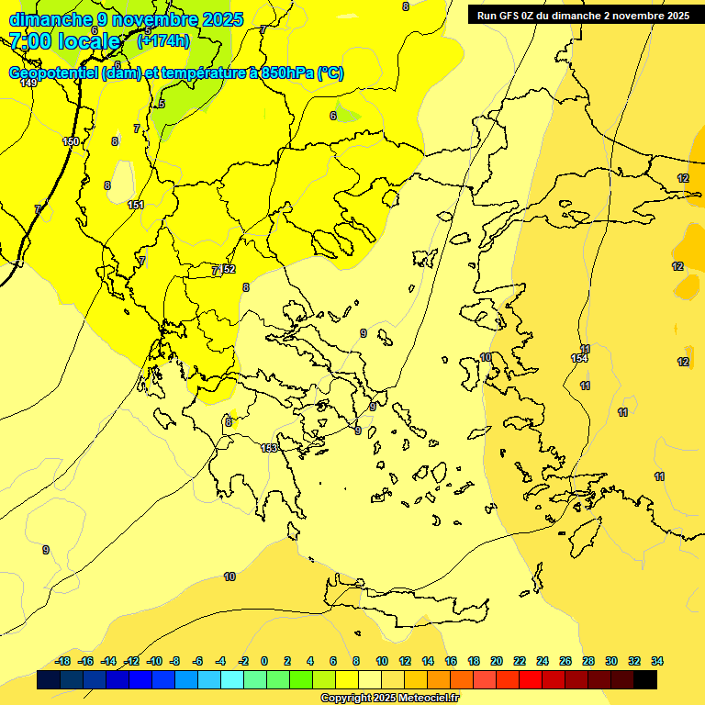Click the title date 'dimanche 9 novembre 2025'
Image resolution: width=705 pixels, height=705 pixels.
pos(126,19)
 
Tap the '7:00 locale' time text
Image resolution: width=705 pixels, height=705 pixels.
pos(65,41)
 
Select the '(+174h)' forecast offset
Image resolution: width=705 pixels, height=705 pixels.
pos(162,41)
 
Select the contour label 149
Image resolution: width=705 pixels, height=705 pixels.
pos(28,83)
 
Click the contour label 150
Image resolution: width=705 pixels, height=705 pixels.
pos(71,141)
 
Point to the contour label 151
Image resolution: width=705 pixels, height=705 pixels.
pos(136,205)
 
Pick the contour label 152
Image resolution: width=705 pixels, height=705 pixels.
pos(228,269)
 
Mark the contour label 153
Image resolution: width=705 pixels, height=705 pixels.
pos(269,448)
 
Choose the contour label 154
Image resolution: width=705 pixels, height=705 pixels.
pos(578,358)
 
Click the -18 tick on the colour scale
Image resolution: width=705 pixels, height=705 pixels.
pos(62,661)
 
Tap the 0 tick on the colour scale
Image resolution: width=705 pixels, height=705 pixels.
pos(264,661)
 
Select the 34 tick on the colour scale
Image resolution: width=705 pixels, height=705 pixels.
pos(657,661)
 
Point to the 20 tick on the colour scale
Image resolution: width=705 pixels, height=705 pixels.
pos(497,661)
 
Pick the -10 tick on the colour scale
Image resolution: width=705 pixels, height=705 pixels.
pos(154,661)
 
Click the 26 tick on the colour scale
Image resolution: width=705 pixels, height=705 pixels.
pos(565,661)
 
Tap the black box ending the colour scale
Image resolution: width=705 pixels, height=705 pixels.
pos(645,680)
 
